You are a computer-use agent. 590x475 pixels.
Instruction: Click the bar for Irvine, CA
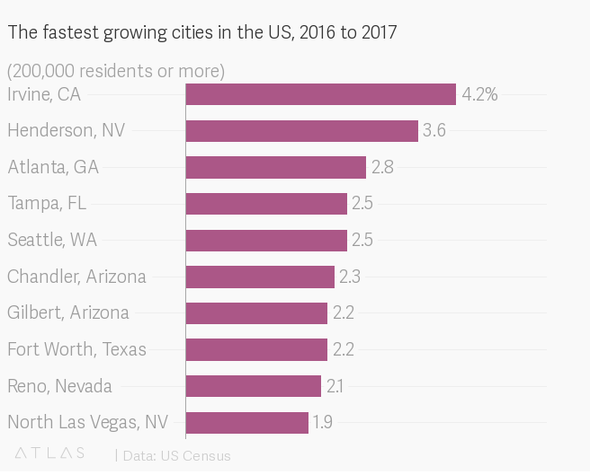tap(320, 94)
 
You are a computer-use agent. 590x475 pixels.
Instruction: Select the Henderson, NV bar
tap(301, 131)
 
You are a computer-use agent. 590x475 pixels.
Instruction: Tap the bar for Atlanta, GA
tap(275, 167)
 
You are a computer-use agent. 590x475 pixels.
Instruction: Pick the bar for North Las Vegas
tap(246, 422)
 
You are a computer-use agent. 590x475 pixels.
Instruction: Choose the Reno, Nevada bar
tap(253, 386)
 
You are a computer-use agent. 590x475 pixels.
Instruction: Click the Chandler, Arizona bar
tap(260, 277)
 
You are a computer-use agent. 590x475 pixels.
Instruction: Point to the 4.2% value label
tap(479, 94)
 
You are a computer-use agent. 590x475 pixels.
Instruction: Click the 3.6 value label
tap(434, 131)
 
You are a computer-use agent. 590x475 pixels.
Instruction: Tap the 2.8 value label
tap(382, 167)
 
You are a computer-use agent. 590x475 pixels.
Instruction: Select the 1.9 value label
tap(322, 422)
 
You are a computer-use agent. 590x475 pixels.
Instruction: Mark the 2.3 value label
tap(349, 277)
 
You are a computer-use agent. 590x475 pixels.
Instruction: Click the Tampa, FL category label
tap(47, 204)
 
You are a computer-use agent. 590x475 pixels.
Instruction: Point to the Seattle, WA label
tap(52, 240)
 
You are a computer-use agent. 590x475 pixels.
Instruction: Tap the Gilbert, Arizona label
tap(68, 312)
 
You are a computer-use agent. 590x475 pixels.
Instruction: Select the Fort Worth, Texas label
tap(76, 349)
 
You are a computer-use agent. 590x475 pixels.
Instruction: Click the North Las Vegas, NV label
tap(86, 422)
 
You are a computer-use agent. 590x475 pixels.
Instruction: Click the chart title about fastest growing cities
tap(202, 33)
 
